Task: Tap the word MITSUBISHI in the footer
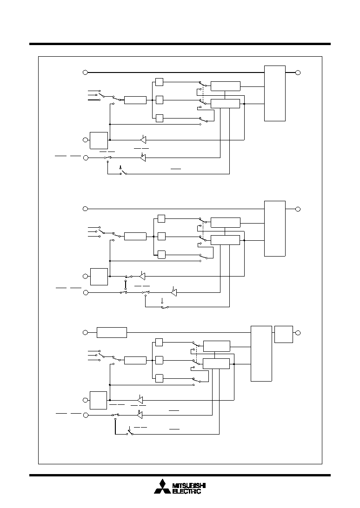[189, 486]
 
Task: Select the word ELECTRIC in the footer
[187, 491]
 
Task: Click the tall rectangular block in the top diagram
[275, 93]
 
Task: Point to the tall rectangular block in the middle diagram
[275, 229]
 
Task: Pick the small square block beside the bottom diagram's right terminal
[283, 334]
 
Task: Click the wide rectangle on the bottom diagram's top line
[112, 332]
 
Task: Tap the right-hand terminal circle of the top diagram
[298, 73]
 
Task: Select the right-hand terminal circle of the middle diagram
[298, 209]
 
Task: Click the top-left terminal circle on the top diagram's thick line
[85, 72]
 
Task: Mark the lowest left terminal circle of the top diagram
[86, 158]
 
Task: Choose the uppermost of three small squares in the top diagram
[159, 82]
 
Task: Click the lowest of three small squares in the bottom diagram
[159, 378]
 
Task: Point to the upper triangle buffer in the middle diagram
[142, 276]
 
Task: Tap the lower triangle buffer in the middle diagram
[174, 292]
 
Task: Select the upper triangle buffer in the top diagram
[143, 139]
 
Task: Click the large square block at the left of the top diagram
[99, 141]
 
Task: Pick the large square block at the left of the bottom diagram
[99, 401]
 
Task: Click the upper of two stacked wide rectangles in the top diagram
[226, 86]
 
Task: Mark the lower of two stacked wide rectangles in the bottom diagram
[216, 363]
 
